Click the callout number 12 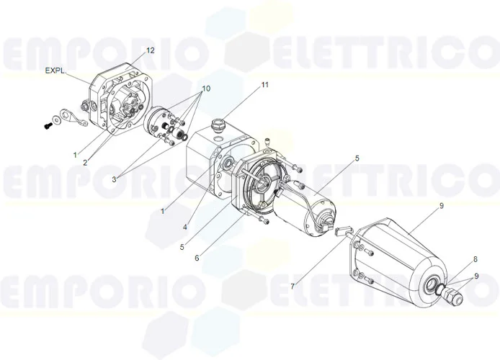(x=150, y=50)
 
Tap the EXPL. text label (x=55, y=71)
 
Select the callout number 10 (x=207, y=89)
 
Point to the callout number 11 (x=265, y=85)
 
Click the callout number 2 (x=85, y=163)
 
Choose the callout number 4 (x=185, y=228)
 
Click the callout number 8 (x=476, y=258)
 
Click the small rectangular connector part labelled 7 (x=341, y=230)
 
